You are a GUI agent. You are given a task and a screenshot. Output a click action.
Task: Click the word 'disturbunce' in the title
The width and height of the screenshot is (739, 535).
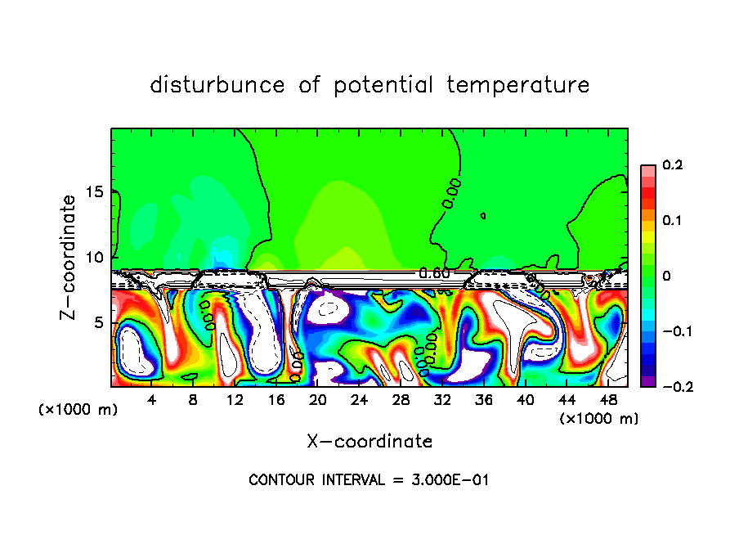pos(218,85)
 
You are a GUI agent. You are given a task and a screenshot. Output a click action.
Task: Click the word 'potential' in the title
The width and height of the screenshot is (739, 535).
pos(381,85)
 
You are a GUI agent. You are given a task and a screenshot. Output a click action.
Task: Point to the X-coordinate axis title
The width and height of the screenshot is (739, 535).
pos(369,442)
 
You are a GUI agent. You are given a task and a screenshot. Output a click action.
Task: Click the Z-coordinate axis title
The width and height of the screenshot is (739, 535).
pos(69,257)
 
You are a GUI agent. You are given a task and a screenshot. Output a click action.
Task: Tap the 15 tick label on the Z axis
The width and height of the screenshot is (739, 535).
pos(96,192)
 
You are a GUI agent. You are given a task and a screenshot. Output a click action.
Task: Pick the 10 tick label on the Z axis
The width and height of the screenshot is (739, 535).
pos(96,258)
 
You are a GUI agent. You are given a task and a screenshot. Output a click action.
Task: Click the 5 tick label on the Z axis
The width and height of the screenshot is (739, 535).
pos(100,322)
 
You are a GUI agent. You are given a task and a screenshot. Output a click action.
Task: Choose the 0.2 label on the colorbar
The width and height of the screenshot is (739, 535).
pos(672,165)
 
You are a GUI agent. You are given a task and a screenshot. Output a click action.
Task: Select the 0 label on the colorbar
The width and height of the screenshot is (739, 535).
pos(666,276)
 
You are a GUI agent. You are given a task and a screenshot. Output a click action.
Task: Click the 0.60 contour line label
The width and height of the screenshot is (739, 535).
pos(434,273)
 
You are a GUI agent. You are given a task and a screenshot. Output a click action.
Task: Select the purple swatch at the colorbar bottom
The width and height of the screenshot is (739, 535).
pos(647,380)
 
